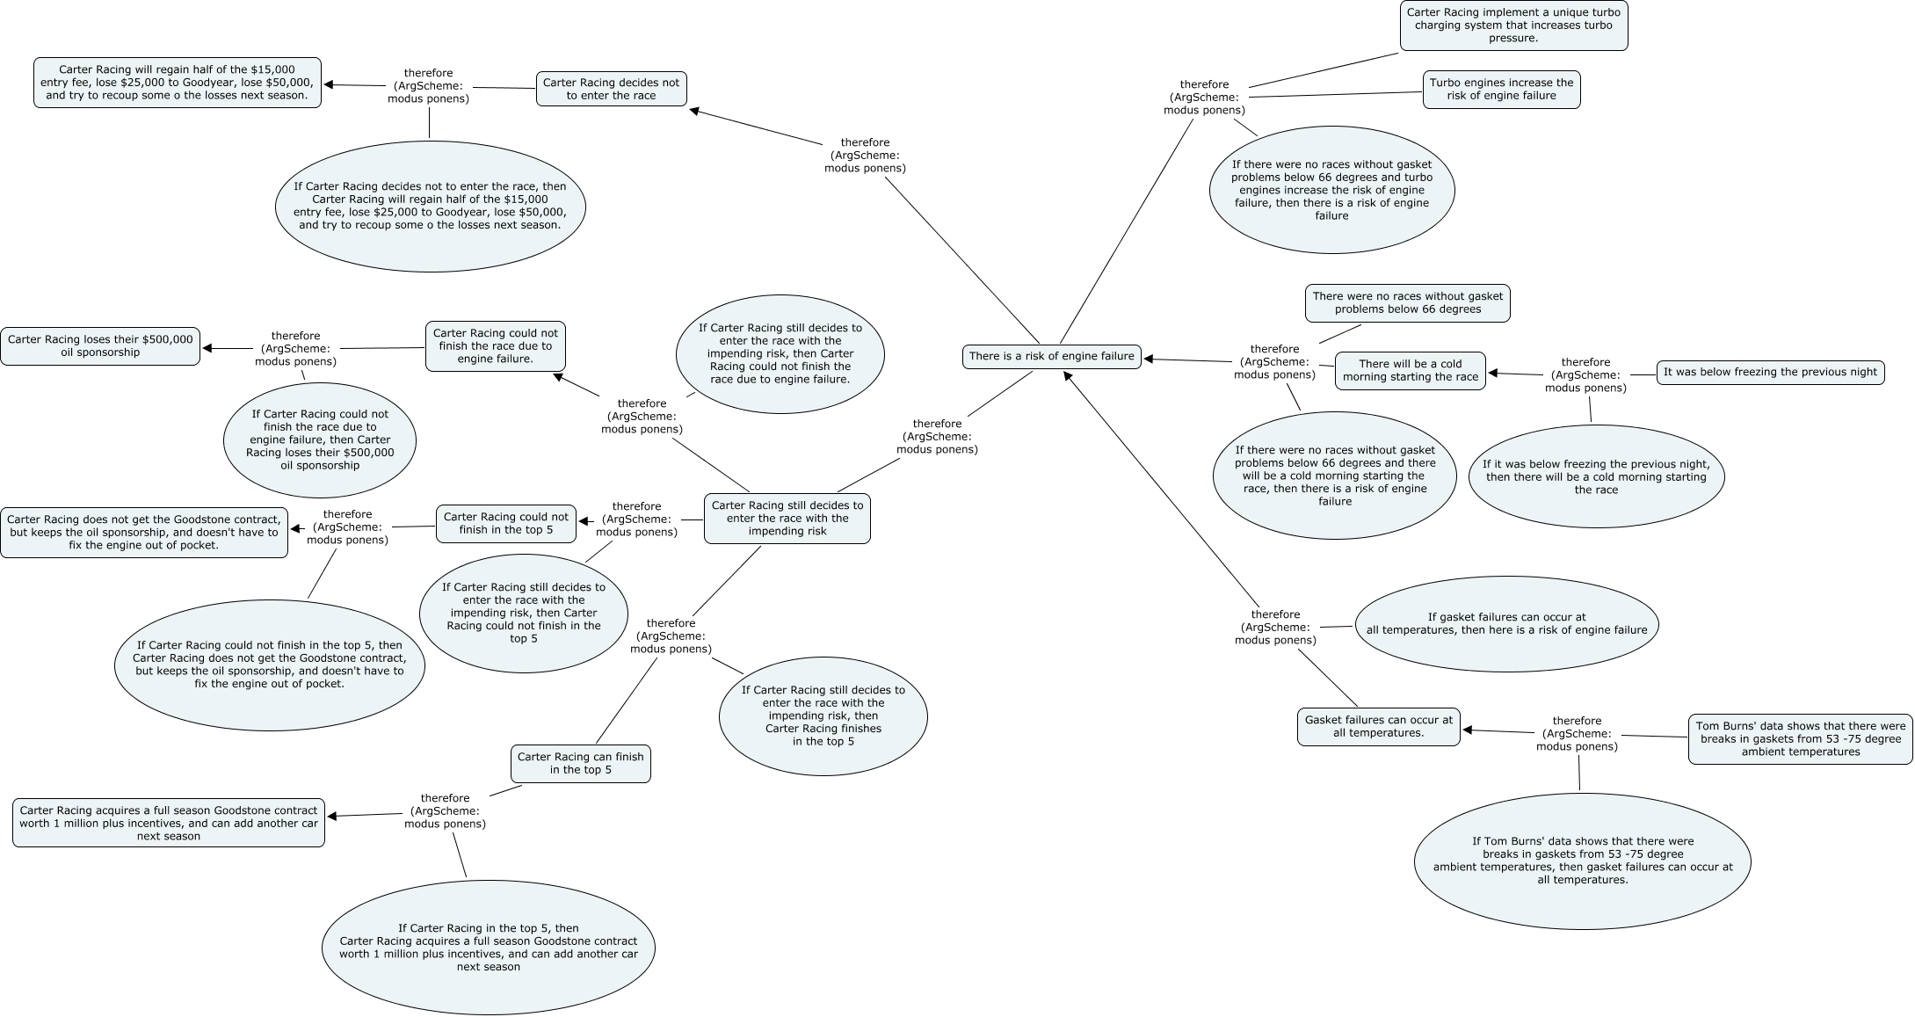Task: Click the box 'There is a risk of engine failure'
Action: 1051,356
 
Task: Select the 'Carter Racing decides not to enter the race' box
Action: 611,89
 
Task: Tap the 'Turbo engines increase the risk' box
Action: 1501,90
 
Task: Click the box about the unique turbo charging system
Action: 1512,25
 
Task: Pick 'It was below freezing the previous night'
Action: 1770,372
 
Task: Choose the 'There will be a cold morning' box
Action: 1410,370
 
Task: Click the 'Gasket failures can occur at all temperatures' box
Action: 1378,726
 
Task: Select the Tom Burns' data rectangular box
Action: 1800,738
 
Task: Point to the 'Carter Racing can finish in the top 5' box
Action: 580,763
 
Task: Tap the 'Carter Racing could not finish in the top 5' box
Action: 505,523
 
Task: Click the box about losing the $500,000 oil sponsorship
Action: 100,345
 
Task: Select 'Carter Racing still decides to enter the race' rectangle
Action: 787,518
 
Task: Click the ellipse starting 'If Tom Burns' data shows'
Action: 1582,861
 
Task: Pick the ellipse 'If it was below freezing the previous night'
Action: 1596,477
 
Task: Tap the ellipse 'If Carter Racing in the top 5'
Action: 489,948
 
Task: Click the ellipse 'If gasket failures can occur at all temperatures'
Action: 1506,623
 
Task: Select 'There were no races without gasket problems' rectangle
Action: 1407,302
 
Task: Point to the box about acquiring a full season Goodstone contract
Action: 168,823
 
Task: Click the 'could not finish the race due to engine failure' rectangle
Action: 496,345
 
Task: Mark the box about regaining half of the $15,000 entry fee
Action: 178,83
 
